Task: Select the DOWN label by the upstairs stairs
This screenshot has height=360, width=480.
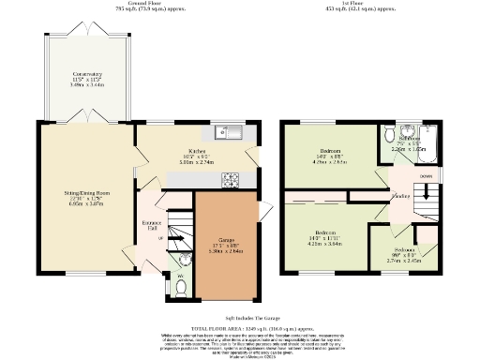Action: [426, 175]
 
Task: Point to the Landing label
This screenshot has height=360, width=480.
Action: [399, 197]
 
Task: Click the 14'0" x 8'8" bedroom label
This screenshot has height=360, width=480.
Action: [330, 156]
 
